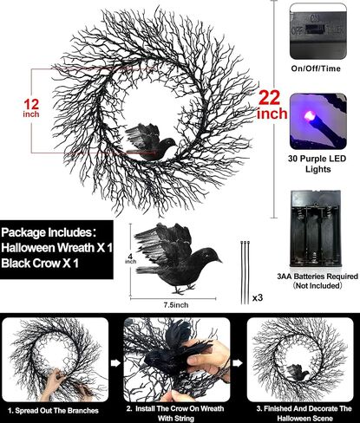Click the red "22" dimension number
point(269,98)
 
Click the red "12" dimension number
point(31,104)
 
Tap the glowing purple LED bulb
point(309,116)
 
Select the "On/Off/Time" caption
point(316,68)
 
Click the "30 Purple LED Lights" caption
point(317,164)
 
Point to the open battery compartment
point(316,229)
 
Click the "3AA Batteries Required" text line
point(317,277)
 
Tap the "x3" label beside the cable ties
point(258,297)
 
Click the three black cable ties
point(245,272)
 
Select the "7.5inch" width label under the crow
point(176,305)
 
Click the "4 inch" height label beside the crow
point(130,258)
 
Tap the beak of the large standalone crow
point(219,260)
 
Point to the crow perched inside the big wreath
point(151,142)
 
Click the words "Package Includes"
point(46,232)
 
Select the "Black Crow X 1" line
point(40,264)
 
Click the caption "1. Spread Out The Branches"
point(53,411)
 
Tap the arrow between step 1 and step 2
point(115,363)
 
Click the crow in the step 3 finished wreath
point(298,371)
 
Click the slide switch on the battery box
point(315,29)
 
